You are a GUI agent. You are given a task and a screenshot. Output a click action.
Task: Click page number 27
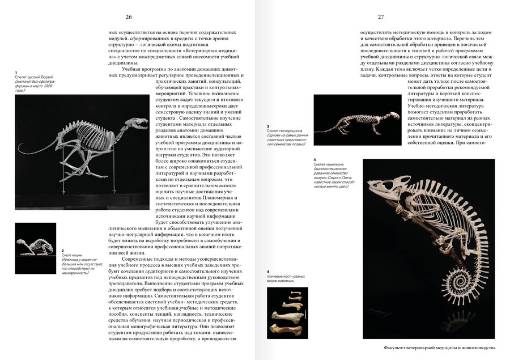coord(381,18)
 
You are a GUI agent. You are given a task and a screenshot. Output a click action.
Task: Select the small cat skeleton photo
coord(35,248)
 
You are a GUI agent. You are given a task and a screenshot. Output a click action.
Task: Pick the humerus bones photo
coord(287,312)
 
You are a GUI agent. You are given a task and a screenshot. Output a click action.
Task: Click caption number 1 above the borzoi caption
coord(16,73)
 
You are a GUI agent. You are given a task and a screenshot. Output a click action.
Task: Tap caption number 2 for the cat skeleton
coord(62,250)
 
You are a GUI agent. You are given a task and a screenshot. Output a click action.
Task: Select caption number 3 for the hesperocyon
coord(268,126)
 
